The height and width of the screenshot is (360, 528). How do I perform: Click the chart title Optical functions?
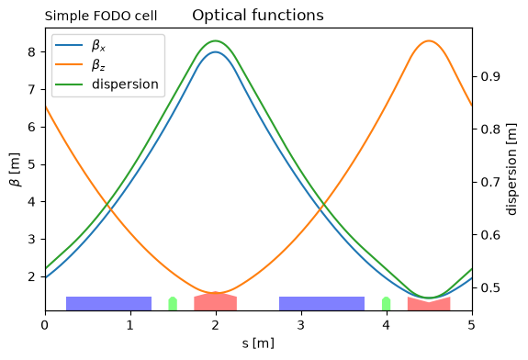click(258, 16)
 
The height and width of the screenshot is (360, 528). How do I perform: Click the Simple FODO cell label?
click(101, 16)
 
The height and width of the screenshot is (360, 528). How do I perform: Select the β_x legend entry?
click(81, 46)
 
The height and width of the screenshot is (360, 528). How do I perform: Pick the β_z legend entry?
click(81, 64)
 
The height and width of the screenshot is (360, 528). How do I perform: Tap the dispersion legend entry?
click(107, 84)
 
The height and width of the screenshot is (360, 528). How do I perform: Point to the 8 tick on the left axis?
click(32, 51)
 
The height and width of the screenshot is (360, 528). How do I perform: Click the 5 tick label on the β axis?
click(32, 164)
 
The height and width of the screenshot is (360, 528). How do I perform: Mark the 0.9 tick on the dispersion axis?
click(490, 76)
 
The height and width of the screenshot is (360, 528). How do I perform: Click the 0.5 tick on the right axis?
click(490, 288)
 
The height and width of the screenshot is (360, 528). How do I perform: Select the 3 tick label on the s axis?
click(301, 325)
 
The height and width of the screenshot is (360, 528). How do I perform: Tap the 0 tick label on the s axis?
click(45, 325)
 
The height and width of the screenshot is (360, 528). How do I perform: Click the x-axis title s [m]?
click(258, 343)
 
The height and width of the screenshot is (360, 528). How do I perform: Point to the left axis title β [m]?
click(16, 169)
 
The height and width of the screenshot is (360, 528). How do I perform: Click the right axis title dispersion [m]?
click(511, 169)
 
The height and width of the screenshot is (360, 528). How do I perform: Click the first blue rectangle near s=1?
click(108, 303)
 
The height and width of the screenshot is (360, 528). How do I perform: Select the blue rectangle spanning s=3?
click(322, 303)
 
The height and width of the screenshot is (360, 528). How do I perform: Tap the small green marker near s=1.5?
click(173, 304)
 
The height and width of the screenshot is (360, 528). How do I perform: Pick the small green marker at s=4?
click(387, 304)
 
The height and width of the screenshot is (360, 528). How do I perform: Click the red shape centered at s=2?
click(216, 301)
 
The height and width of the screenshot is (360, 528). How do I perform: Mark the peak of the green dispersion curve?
click(216, 40)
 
